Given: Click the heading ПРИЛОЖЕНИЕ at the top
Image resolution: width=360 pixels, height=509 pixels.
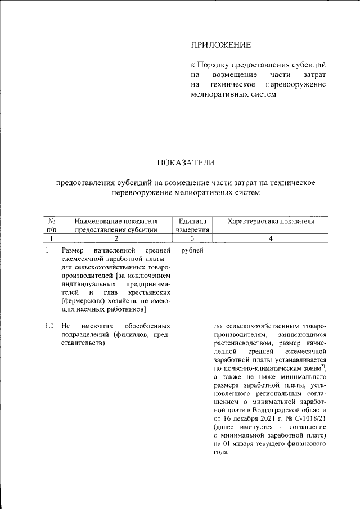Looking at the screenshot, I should [x=220, y=44].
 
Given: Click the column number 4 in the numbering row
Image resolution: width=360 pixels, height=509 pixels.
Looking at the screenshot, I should [x=271, y=238].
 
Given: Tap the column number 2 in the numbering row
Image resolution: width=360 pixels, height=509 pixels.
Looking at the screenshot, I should [x=116, y=238].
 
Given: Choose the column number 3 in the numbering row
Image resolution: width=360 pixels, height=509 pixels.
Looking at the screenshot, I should [x=192, y=238].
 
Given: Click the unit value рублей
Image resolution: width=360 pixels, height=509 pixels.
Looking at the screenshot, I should [x=193, y=250].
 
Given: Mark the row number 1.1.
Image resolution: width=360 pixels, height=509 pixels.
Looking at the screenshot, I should [x=49, y=326].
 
